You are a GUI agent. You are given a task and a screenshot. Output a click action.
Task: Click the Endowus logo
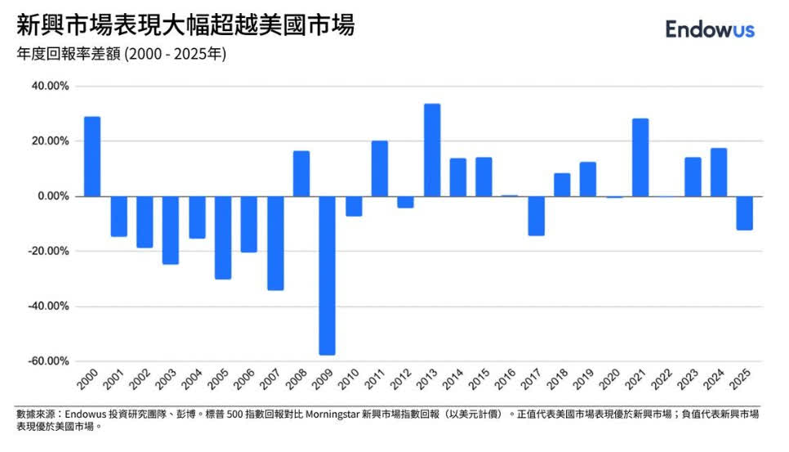coord(710,29)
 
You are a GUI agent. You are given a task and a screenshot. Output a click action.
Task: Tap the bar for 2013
coord(432,150)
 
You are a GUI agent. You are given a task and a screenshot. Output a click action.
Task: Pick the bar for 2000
coord(92,157)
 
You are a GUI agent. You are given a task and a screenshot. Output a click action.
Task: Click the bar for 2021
coord(640,158)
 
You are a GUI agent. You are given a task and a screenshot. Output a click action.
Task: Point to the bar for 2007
coord(275,243)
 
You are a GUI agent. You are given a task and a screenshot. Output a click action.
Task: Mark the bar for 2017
coord(536,216)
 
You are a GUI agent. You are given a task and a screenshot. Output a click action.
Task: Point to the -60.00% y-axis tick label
coord(47,361)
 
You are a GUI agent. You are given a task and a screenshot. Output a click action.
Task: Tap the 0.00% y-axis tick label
coord(52,196)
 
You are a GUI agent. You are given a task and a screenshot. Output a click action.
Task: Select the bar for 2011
coord(380,168)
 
